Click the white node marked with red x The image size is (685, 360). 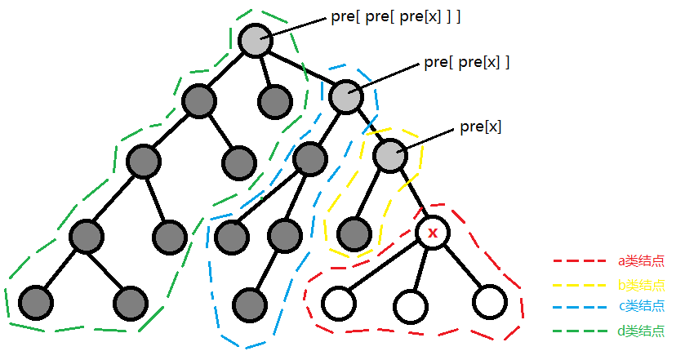pos(433,233)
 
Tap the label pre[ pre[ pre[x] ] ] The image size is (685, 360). pos(396,17)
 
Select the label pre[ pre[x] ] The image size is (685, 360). pos(466,63)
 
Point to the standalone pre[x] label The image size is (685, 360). pos(481,127)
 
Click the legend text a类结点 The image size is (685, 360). pos(641,261)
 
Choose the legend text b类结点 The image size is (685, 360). pos(641,285)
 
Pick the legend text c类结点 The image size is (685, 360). pos(641,305)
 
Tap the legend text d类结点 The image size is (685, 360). pos(641,331)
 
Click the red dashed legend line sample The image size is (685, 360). pos(580,261)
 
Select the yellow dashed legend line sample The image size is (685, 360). pos(580,285)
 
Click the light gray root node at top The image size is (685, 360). pos(256,40)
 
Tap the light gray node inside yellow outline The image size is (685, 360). pos(390,156)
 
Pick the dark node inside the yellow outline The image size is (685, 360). pos(354,234)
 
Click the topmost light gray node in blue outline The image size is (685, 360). pos(346,96)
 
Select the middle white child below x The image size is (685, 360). pos(411,306)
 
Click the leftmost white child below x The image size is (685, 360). pos(339,304)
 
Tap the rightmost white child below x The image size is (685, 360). pos(490,302)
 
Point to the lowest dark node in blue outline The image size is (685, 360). pos(250,305)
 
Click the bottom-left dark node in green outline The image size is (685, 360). pos(36,303)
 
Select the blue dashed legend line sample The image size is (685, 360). pos(580,307)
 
